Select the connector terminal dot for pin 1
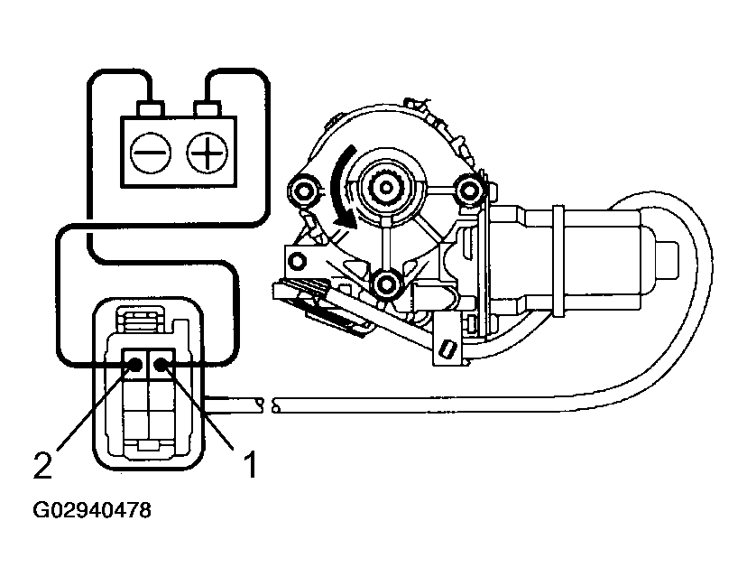pos(163,365)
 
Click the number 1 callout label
pos(253,464)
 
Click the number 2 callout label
pos(41,464)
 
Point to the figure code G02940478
pos(93,510)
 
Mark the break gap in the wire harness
pos(268,405)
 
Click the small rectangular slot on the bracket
pos(446,347)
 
